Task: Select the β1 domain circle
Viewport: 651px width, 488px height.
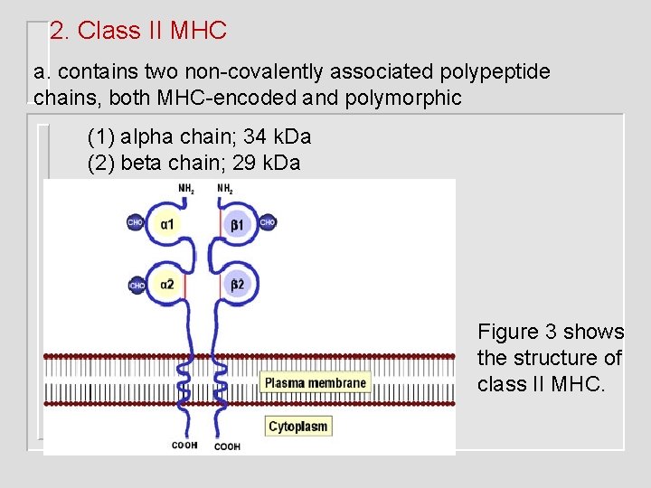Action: tap(237, 223)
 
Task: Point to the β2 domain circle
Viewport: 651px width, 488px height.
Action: tap(237, 285)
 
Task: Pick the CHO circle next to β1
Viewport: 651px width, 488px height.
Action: tap(268, 222)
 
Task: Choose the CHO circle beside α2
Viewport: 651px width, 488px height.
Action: tap(137, 285)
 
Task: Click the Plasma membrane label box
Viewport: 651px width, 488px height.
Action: tap(316, 383)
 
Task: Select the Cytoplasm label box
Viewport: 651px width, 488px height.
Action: tap(299, 427)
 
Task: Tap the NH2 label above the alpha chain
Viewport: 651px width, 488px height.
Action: tap(186, 189)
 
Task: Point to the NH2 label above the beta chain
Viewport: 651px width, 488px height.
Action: tap(224, 189)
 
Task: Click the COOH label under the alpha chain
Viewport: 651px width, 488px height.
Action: tap(185, 446)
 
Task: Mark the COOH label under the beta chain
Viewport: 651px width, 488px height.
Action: tap(227, 446)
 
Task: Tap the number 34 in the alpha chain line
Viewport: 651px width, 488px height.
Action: tap(255, 137)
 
